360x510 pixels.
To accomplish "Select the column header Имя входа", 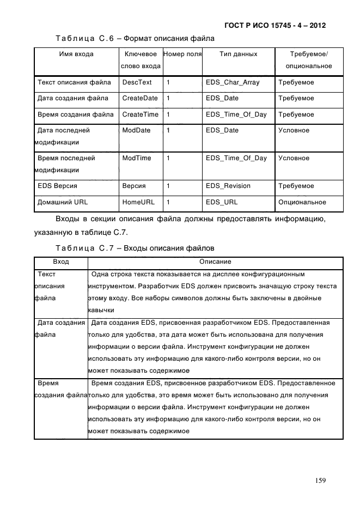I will [x=76, y=54].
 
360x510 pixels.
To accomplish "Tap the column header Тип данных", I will [x=238, y=54].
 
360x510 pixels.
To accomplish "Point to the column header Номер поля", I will [x=182, y=54].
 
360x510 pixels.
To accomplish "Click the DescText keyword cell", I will [x=137, y=82].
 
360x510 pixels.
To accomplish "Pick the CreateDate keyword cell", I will [x=140, y=99].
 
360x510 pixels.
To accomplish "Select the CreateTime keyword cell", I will [x=141, y=115].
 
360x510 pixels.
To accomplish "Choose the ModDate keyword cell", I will [x=136, y=131].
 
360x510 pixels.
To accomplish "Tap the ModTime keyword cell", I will [x=137, y=159].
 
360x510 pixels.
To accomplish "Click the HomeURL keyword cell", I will [x=138, y=202].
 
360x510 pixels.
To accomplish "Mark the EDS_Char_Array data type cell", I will [x=233, y=82].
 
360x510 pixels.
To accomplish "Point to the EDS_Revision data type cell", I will [x=228, y=186].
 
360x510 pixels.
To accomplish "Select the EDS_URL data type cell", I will [x=222, y=202].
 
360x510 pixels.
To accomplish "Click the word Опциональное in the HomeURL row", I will [x=302, y=202].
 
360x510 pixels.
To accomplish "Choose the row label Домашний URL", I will [x=62, y=202].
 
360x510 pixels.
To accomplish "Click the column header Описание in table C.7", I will [x=215, y=262].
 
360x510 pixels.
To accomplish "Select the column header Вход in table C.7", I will [x=60, y=262].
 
